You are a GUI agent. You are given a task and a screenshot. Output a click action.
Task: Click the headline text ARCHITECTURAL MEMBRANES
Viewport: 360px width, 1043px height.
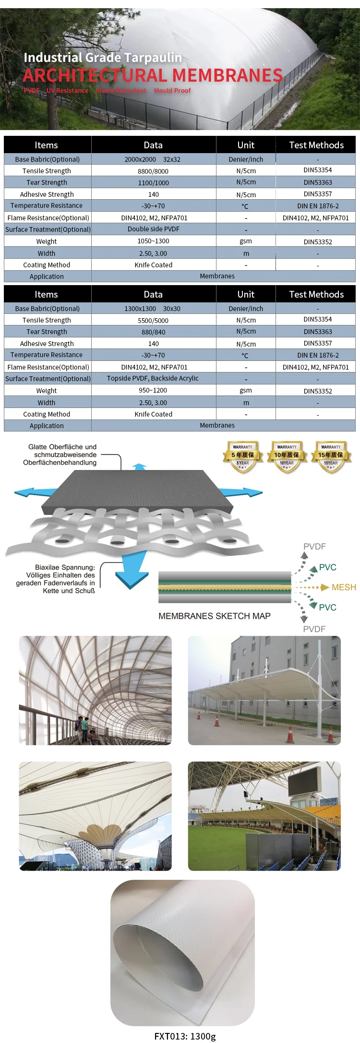[153, 75]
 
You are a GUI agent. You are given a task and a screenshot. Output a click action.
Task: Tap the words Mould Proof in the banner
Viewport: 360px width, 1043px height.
[172, 90]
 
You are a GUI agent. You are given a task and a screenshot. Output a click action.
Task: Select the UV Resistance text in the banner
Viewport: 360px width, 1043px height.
[67, 90]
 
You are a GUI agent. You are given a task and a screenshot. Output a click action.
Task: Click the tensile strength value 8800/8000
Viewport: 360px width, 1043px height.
[153, 171]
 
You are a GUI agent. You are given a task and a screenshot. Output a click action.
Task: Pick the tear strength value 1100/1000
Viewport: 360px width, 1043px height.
[153, 182]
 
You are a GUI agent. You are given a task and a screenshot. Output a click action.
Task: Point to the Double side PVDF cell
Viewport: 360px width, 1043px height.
[153, 229]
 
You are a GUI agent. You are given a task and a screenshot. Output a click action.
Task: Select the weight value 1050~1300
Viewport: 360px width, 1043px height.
[153, 241]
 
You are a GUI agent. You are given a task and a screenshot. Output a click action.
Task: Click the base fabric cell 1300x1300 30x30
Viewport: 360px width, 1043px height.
[152, 309]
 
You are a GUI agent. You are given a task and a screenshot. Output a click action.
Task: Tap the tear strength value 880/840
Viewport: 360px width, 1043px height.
[153, 332]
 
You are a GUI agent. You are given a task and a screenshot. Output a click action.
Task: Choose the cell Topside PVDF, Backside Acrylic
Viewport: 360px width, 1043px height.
[153, 378]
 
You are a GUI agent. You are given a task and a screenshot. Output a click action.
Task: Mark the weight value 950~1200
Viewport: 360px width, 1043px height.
[153, 390]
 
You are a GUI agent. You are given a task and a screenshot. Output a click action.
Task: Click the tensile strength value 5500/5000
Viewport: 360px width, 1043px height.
[153, 320]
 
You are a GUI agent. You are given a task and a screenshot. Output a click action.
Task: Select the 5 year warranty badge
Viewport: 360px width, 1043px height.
[243, 456]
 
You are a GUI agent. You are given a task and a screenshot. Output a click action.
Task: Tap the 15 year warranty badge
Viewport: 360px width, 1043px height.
[331, 456]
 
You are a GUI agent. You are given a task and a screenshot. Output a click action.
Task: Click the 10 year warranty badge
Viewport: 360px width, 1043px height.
[287, 456]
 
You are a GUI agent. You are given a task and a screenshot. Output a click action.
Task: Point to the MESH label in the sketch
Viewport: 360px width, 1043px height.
[344, 587]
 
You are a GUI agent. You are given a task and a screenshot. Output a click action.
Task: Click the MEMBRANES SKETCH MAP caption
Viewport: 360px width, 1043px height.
[215, 616]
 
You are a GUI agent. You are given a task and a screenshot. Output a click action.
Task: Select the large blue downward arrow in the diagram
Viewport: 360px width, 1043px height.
[132, 572]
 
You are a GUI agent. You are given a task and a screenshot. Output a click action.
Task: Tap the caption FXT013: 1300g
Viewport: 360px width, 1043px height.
[185, 1036]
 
